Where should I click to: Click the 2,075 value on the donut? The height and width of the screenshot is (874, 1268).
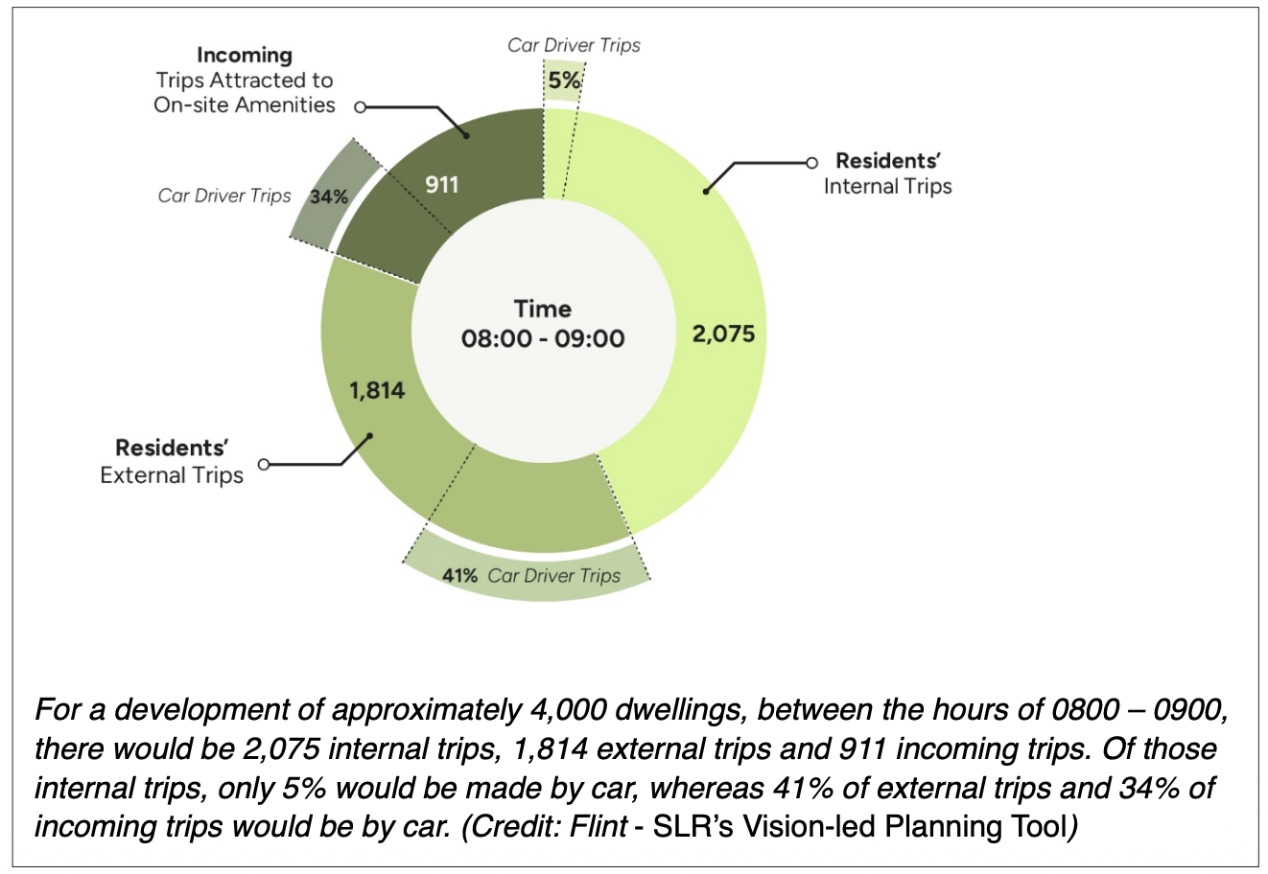click(x=723, y=334)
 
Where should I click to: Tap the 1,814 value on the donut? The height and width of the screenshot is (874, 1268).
click(x=376, y=390)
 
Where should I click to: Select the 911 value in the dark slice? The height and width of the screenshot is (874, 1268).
click(x=442, y=184)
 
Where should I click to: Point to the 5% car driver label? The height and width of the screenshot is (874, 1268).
click(x=564, y=81)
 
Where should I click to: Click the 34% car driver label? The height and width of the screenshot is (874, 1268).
click(x=329, y=197)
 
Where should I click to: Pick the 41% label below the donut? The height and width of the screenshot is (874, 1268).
click(x=459, y=576)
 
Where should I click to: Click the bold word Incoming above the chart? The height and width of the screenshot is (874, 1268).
click(x=245, y=56)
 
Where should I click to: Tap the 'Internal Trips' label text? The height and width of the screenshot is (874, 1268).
click(x=887, y=187)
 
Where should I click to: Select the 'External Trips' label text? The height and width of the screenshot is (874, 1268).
click(x=172, y=475)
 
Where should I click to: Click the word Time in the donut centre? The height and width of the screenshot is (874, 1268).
click(x=542, y=309)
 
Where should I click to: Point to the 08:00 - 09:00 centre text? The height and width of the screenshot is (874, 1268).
click(x=542, y=338)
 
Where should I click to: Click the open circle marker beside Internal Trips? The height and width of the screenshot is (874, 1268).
click(x=811, y=162)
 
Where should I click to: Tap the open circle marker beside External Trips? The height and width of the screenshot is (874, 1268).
click(x=264, y=464)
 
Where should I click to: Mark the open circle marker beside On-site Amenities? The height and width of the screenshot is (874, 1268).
click(x=360, y=107)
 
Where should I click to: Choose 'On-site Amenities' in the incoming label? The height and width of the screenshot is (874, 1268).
click(x=245, y=105)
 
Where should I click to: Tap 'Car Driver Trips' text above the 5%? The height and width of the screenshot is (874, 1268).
click(x=574, y=45)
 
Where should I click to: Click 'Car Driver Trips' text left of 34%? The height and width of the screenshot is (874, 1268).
click(x=224, y=196)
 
